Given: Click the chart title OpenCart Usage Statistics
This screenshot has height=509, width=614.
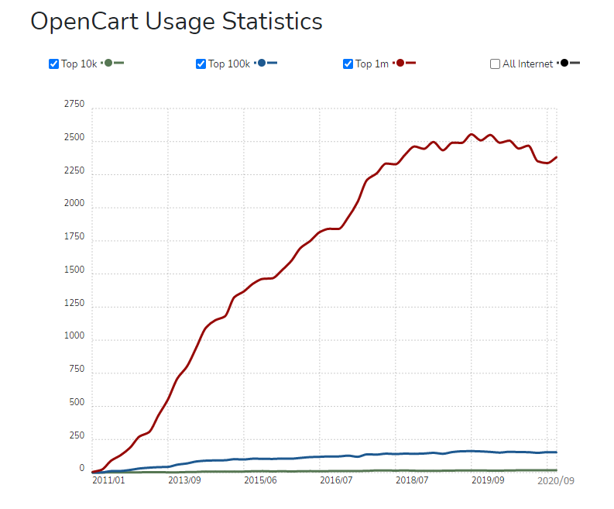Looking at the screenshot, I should coord(176,22).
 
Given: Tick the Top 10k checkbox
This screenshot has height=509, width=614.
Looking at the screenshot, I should coord(53,64).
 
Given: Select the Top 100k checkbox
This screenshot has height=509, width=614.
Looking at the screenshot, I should coord(201,64).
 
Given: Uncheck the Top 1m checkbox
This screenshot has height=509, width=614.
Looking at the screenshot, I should coord(348,64).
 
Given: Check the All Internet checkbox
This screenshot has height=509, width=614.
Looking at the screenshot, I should coord(495,64).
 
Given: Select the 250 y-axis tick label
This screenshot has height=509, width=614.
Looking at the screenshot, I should coord(76,435).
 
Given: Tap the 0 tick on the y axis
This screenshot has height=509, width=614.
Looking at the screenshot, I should coord(81,469).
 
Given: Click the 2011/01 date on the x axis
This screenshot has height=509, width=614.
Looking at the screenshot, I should coord(108,480).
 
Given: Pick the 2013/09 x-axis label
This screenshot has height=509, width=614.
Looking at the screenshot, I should coord(184,480).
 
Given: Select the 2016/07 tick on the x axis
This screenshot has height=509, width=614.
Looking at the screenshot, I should coord(336,480).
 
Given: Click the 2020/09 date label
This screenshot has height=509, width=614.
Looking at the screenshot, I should coord(557,480).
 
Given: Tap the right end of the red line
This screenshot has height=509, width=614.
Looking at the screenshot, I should coord(556,157).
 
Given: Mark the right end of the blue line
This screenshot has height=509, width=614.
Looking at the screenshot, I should coord(556,452).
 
